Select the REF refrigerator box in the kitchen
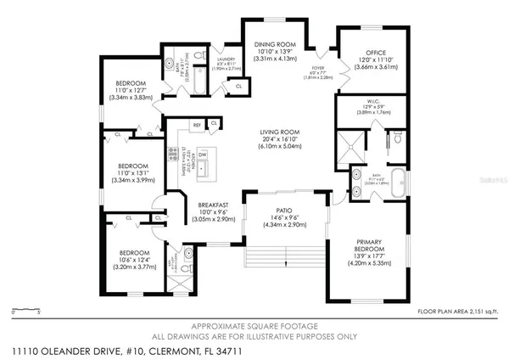(197, 125)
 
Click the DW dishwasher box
(202, 154)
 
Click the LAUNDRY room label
(227, 58)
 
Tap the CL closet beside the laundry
(238, 86)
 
